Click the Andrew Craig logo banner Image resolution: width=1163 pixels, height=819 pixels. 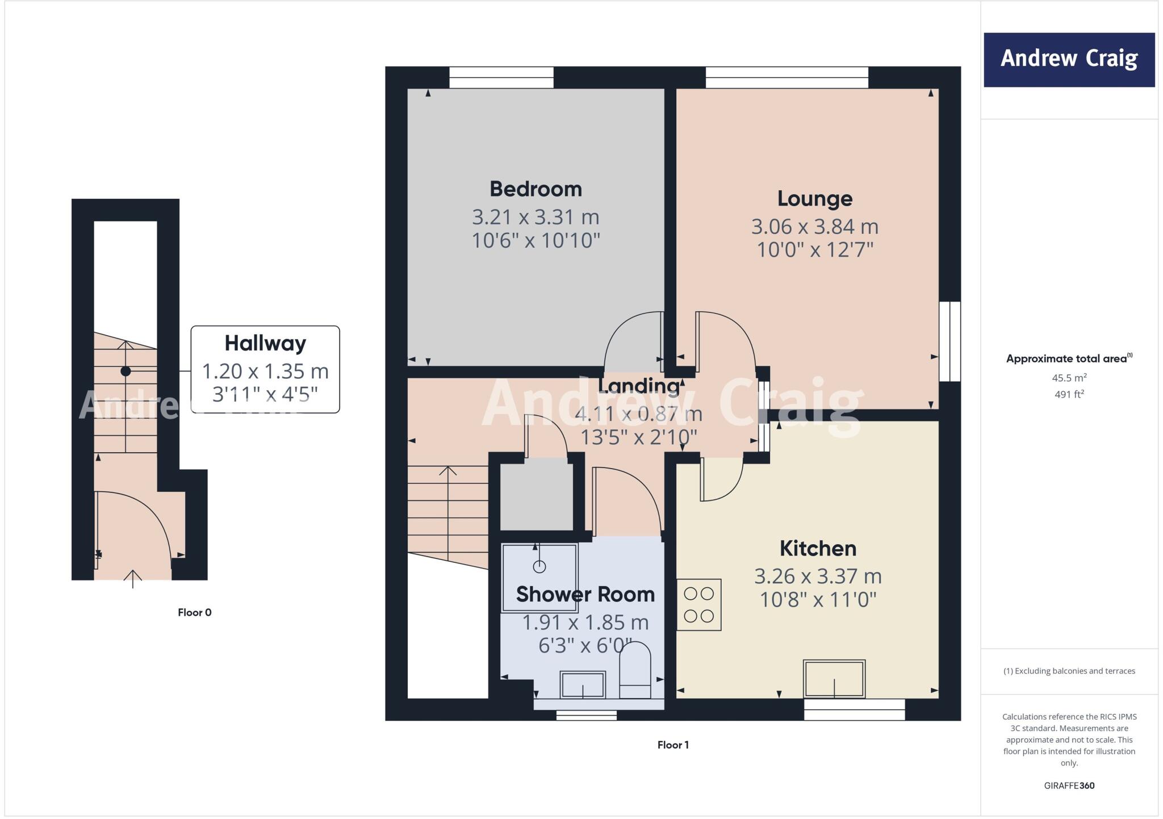click(x=1069, y=60)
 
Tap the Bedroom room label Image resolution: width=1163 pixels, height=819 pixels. click(x=536, y=189)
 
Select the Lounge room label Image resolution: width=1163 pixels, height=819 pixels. click(x=814, y=199)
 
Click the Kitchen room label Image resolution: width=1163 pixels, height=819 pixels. click(x=818, y=549)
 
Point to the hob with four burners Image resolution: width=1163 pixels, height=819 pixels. click(x=698, y=605)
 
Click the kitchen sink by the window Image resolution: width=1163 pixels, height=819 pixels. click(x=834, y=679)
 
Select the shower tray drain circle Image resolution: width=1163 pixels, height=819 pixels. click(x=539, y=567)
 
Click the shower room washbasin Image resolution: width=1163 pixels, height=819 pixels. click(x=583, y=684)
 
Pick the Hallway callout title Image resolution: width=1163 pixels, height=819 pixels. click(x=265, y=344)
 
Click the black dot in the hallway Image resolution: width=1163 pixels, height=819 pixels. click(x=125, y=371)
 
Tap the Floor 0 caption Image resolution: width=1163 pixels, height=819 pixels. click(x=194, y=612)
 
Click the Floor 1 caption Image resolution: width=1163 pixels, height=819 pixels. click(x=673, y=745)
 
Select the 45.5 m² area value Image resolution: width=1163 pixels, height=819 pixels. click(x=1069, y=378)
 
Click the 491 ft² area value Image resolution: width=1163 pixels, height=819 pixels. click(x=1069, y=394)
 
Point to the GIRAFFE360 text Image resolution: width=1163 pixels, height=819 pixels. click(x=1069, y=786)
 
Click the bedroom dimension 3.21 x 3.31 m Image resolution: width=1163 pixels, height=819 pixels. click(x=536, y=217)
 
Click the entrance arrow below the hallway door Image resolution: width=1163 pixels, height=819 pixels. click(x=133, y=579)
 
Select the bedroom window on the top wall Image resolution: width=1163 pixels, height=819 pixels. click(x=501, y=78)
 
